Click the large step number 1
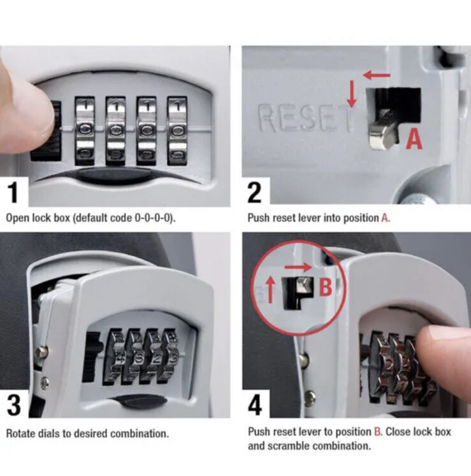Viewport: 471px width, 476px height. pyautogui.click(x=13, y=192)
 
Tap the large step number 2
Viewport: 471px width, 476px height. pyautogui.click(x=254, y=192)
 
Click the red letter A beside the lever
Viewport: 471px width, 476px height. pyautogui.click(x=414, y=139)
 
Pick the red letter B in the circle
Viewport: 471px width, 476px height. pyautogui.click(x=325, y=287)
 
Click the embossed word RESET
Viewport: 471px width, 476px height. pyautogui.click(x=305, y=118)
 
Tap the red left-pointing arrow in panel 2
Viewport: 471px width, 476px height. pyautogui.click(x=377, y=74)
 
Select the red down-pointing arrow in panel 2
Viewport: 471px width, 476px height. pyautogui.click(x=352, y=94)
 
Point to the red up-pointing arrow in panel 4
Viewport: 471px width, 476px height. pyautogui.click(x=270, y=291)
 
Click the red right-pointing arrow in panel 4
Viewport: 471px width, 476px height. pyautogui.click(x=298, y=267)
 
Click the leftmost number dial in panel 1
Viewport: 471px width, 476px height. pyautogui.click(x=85, y=131)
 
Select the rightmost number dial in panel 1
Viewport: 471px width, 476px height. pyautogui.click(x=177, y=131)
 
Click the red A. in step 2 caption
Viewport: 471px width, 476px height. pyautogui.click(x=385, y=218)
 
